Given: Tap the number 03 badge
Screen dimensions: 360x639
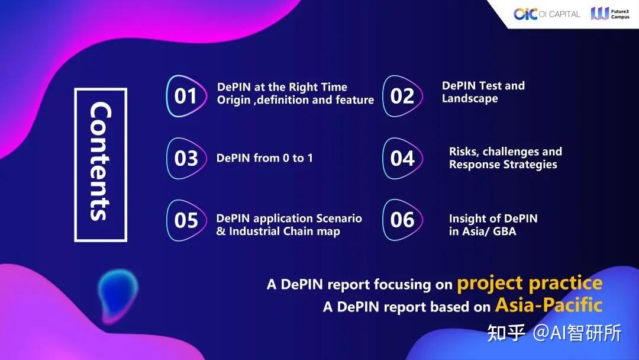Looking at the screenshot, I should tap(186, 158).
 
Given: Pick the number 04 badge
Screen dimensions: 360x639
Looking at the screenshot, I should tap(402, 158).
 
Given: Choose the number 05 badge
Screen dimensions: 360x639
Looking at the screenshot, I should tap(186, 220).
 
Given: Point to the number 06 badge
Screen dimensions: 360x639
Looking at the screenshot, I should tap(402, 220).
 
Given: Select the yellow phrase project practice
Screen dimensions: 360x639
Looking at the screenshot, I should tap(530, 283).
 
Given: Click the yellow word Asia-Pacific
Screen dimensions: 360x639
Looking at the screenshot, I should tap(548, 305).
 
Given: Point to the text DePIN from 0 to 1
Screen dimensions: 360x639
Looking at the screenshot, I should tap(264, 158).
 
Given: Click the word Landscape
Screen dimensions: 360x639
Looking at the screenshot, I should tap(470, 99).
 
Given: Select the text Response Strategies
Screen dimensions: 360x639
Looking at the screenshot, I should tap(503, 165).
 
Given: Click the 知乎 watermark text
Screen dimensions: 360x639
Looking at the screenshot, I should tap(506, 333).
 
